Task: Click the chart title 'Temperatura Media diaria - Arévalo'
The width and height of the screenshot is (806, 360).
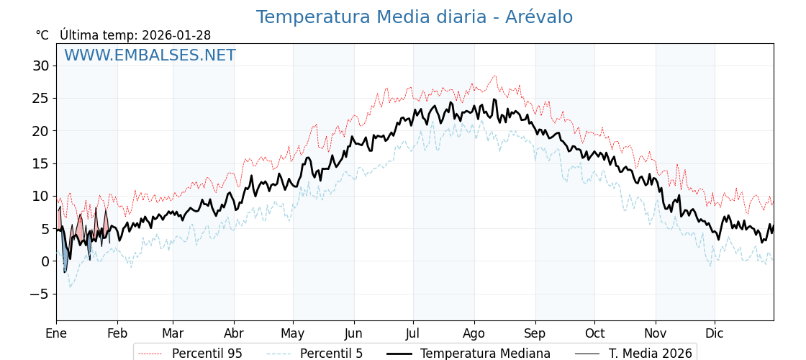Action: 415,17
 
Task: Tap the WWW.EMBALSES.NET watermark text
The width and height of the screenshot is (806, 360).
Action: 150,55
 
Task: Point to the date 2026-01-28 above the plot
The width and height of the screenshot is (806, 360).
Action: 176,35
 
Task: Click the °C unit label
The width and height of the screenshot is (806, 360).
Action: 42,35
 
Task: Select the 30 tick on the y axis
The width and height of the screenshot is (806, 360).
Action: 40,66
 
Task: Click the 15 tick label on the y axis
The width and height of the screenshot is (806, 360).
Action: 40,163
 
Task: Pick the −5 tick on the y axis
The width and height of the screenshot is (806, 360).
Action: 39,294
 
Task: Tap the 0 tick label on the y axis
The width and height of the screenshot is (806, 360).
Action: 45,261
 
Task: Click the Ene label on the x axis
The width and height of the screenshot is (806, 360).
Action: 56,333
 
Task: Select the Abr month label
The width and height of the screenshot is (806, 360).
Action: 234,333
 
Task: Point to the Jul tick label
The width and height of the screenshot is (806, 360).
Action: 413,333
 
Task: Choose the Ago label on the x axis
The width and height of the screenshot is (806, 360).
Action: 474,333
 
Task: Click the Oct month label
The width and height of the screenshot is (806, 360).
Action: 594,333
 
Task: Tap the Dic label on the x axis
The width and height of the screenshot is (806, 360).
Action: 715,333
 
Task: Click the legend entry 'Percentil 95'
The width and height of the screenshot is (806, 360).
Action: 207,354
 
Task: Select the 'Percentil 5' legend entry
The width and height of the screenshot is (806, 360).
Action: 331,354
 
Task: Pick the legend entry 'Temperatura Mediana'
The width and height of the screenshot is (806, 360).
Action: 485,354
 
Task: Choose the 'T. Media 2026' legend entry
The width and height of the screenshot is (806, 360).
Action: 650,354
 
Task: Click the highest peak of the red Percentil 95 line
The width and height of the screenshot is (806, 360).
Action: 494,76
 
